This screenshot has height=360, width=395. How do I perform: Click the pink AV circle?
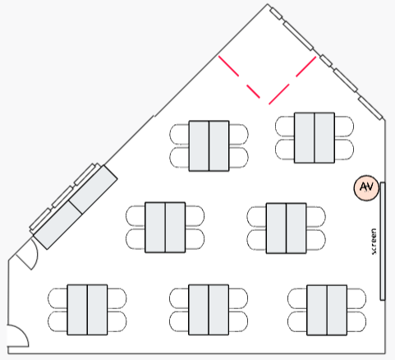tap(366, 187)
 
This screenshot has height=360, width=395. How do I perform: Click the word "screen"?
tap(374, 242)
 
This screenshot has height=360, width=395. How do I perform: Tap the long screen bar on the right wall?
tap(383, 241)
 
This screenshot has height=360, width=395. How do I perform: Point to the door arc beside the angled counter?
tap(35, 255)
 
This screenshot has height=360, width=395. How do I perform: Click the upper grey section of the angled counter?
tap(93, 189)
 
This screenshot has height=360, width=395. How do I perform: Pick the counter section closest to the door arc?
tap(57, 225)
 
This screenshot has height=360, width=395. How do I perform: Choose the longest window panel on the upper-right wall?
tap(298, 36)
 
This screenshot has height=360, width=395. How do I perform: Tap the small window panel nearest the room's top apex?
tap(276, 14)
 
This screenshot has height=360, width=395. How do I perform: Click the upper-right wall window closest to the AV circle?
tap(370, 108)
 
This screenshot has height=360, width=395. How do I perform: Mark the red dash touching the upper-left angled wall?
tap(228, 66)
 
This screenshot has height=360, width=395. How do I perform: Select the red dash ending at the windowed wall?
tap(305, 67)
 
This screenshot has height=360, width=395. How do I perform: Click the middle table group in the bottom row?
tap(209, 310)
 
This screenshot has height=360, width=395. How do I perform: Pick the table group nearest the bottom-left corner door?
tap(87, 310)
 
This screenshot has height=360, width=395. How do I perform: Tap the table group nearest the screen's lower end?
tap(327, 310)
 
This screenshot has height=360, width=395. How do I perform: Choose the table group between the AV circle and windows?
tap(315, 138)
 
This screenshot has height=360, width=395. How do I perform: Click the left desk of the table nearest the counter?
tap(155, 228)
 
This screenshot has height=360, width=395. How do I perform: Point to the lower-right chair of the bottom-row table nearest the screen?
tap(356, 321)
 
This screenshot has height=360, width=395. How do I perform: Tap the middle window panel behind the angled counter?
tap(62, 196)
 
